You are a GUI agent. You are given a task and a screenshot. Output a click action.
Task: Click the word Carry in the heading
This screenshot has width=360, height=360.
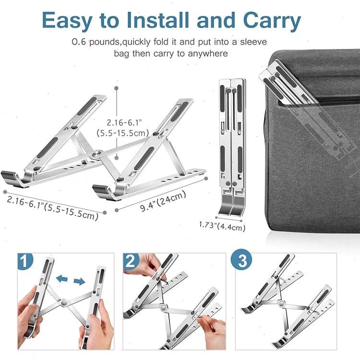point(272,21)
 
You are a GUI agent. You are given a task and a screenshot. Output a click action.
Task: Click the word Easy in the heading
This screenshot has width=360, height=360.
point(67,21)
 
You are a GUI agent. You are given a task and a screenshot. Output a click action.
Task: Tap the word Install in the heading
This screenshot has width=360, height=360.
point(158,20)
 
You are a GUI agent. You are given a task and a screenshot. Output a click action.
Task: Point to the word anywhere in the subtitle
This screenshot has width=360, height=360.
point(208,54)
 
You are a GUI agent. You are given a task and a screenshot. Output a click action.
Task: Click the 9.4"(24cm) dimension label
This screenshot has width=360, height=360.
point(163,201)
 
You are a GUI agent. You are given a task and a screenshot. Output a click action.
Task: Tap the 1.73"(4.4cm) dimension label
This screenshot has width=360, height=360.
point(222,226)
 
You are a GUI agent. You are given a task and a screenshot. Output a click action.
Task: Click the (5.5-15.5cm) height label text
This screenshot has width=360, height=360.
point(123,133)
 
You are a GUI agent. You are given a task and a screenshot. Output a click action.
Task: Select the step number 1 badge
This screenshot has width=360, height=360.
point(25,261)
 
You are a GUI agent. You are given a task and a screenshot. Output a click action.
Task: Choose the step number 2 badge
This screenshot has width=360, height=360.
point(131,261)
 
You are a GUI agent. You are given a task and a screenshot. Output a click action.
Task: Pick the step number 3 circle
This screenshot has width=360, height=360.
point(241,261)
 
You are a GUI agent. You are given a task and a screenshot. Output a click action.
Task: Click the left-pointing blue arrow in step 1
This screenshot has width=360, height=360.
point(62,279)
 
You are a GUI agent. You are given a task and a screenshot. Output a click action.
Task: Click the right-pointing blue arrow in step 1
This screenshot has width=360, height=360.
point(79,281)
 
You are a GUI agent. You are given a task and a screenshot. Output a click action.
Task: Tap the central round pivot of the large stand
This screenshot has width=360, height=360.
point(97,154)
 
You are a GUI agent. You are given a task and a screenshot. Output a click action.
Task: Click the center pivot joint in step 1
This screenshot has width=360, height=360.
point(64,302)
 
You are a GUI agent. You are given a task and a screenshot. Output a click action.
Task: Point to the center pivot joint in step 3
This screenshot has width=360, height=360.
point(281,303)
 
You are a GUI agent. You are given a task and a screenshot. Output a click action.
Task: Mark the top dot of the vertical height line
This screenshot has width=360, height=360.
point(117,88)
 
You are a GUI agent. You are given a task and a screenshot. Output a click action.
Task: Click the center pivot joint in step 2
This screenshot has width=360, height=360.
point(164,307)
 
